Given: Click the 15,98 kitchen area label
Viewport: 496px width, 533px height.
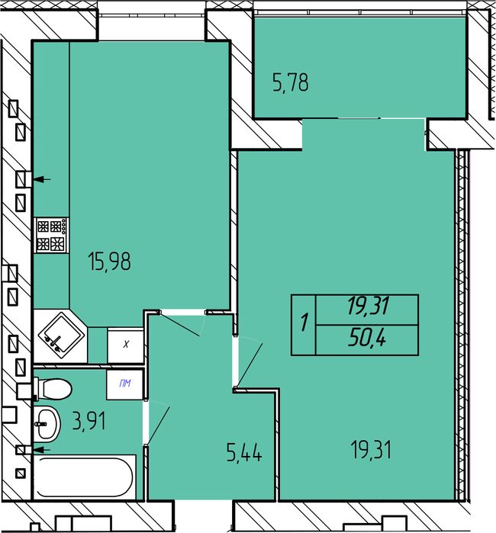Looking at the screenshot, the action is click(109, 262).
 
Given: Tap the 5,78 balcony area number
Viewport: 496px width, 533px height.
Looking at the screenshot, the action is click(291, 82).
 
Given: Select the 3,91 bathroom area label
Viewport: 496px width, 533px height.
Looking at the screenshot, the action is click(89, 420).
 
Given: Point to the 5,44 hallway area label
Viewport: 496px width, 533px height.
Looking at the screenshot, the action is click(244, 452).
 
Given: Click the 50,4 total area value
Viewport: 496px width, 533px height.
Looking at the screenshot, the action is click(367, 339).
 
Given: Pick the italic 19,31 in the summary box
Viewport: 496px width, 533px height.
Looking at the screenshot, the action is click(368, 306).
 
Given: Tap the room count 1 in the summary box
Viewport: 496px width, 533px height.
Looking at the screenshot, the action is click(304, 323).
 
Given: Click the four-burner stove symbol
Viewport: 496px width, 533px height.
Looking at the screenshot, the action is click(52, 235).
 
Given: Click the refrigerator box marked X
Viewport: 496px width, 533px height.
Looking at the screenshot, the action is click(125, 345).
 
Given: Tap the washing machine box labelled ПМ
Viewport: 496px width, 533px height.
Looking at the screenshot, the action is click(124, 384).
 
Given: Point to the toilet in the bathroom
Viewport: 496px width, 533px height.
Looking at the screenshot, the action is click(53, 389).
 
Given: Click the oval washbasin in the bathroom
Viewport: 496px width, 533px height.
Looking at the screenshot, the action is click(47, 424).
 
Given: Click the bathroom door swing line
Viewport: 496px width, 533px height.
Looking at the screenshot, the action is click(159, 425).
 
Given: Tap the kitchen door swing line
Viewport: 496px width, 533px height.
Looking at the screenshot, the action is click(179, 325).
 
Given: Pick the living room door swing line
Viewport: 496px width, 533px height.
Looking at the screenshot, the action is click(250, 365).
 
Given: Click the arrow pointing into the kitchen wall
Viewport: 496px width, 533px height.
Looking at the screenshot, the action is click(42, 179).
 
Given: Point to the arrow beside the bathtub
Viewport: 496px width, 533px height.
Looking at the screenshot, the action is click(42, 450).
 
